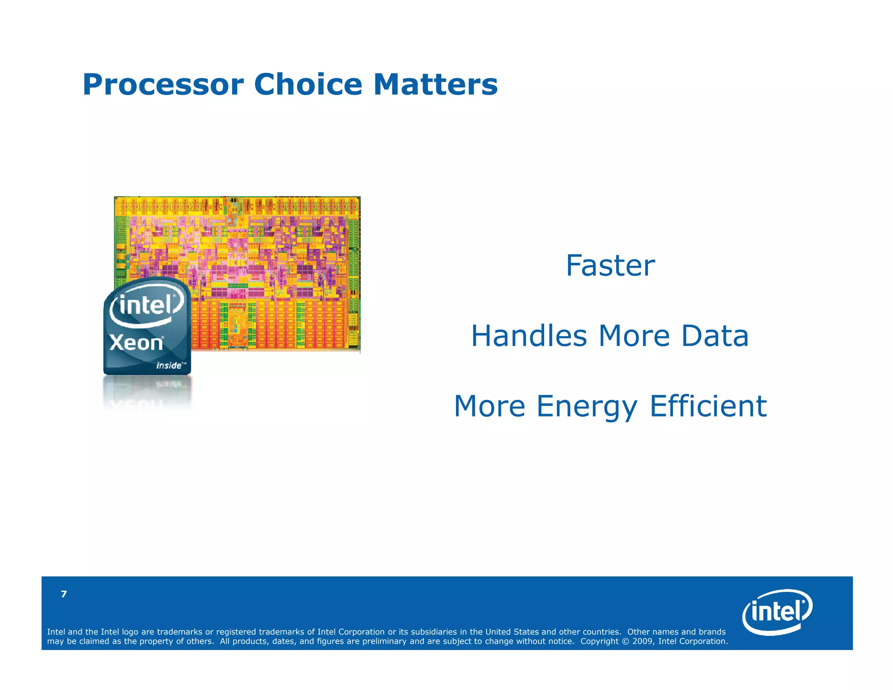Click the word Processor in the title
coord(163,85)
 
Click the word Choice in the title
coord(308,85)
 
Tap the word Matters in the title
coord(435,85)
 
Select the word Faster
coord(610,266)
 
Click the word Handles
coord(529,336)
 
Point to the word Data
coord(715,336)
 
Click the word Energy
coord(587,406)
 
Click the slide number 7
coord(64,594)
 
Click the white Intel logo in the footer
coord(777,611)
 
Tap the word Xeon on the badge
coord(136,343)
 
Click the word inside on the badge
coord(169,365)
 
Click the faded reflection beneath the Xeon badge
coord(147,395)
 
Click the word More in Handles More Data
coord(634,336)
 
